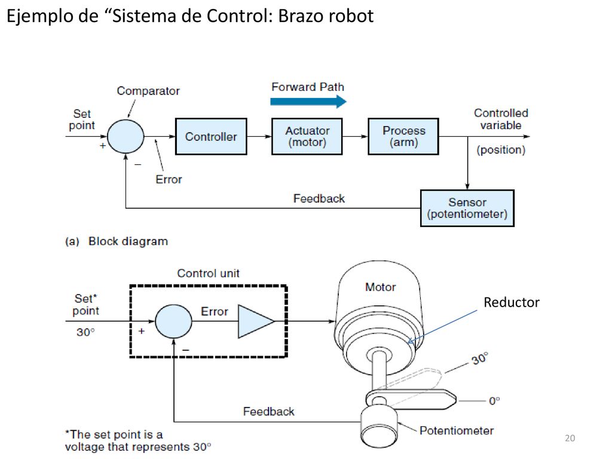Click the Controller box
[211, 137]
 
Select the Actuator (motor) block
[307, 137]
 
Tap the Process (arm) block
[403, 137]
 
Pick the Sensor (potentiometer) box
[467, 208]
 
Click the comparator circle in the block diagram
[126, 137]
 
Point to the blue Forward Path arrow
[308, 102]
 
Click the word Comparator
[148, 91]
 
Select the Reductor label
[512, 302]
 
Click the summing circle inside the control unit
[174, 321]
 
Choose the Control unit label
[209, 273]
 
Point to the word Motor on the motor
[381, 287]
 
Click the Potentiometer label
[457, 430]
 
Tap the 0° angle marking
[494, 401]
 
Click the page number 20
[570, 438]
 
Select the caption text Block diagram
[128, 241]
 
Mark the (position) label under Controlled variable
[501, 150]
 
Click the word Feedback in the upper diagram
[319, 198]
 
